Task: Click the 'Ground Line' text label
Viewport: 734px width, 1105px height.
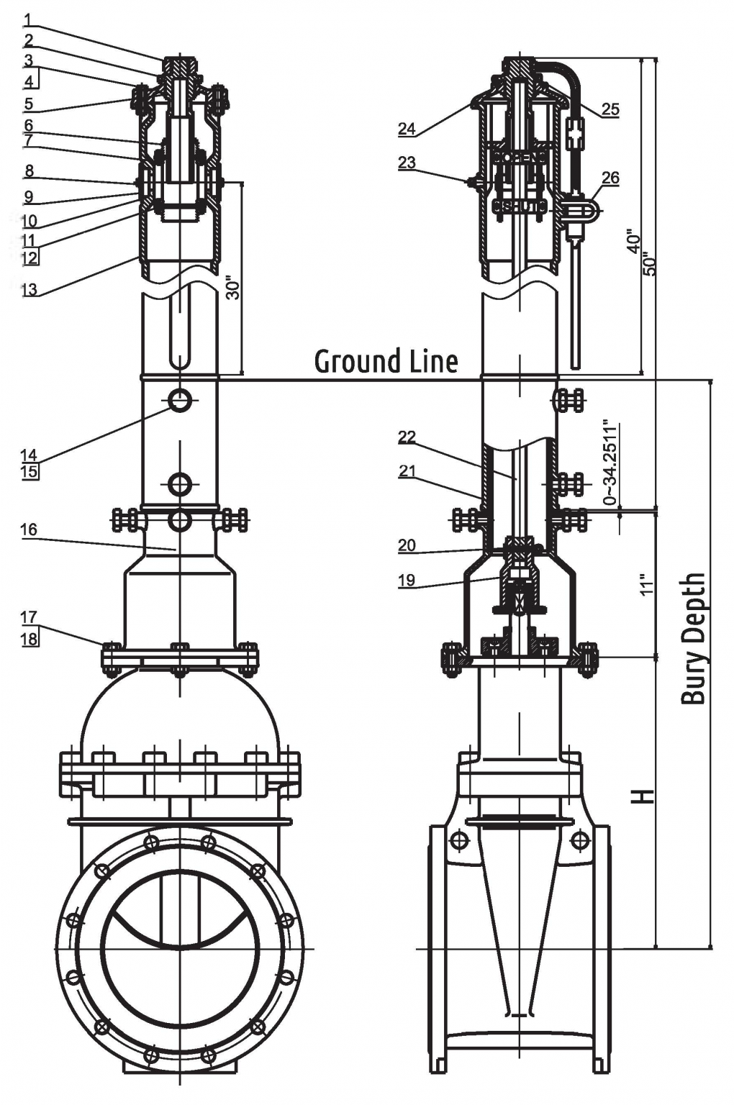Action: [x=386, y=360]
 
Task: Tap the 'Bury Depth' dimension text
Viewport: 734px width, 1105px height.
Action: [x=693, y=638]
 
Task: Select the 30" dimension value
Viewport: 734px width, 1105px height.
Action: [x=232, y=287]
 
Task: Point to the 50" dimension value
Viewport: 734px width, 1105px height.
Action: [x=649, y=263]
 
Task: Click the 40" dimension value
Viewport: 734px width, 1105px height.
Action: [x=633, y=242]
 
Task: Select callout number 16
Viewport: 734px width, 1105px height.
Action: [x=29, y=529]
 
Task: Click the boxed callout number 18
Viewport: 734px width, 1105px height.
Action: [x=30, y=638]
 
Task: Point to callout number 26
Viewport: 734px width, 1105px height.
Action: [x=610, y=178]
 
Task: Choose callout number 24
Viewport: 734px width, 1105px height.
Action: [x=407, y=129]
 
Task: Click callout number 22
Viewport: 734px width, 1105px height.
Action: [x=407, y=437]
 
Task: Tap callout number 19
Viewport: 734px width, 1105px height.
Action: [x=407, y=581]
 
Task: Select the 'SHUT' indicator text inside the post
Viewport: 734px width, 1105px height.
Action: [x=520, y=207]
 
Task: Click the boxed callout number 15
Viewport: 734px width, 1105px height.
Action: [x=30, y=472]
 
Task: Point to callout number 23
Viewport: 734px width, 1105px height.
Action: [x=407, y=163]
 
